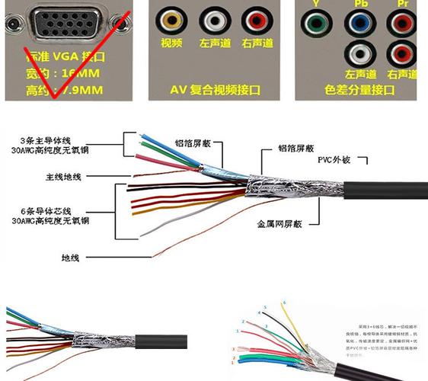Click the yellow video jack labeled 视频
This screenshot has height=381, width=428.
point(171,20)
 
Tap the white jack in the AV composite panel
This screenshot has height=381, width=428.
point(214,20)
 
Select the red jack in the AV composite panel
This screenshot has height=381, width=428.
point(257,20)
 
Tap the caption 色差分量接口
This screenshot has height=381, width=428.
point(361,90)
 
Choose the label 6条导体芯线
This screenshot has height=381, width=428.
point(46,210)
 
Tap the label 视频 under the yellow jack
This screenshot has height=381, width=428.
point(171,43)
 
